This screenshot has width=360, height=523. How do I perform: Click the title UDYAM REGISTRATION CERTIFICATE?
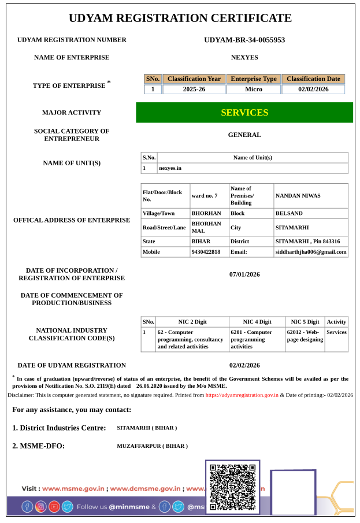[x=180, y=18]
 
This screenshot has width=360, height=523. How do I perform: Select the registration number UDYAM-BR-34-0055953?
[x=244, y=40]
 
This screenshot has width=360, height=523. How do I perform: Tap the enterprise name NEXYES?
[x=244, y=57]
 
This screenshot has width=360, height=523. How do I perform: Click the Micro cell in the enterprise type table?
[x=253, y=90]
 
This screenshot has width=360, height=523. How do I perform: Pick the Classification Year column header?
[x=194, y=79]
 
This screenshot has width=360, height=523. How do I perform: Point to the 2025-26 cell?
[x=194, y=90]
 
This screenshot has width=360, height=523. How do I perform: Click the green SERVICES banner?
[x=244, y=113]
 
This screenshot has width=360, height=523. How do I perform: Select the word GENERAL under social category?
[x=244, y=135]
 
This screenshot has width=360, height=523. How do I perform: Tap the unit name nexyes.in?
[x=170, y=168]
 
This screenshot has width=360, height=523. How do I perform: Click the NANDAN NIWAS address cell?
[x=298, y=196]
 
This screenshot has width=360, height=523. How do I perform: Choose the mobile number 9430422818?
[x=206, y=252]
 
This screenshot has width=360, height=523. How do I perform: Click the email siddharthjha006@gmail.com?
[x=311, y=252]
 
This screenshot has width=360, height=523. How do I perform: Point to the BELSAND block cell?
[x=289, y=213]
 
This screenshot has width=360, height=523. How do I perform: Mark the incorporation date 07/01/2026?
[x=244, y=275]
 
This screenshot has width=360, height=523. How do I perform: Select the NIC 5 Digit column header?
[x=305, y=322]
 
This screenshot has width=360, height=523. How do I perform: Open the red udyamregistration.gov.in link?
[x=242, y=395]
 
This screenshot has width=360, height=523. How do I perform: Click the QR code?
[x=232, y=487]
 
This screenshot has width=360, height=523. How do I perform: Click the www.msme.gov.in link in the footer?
[x=73, y=488]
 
